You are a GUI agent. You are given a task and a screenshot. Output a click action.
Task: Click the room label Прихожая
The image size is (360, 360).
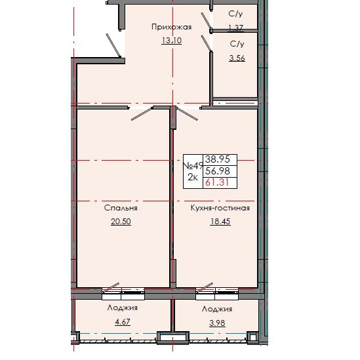pos(171,27)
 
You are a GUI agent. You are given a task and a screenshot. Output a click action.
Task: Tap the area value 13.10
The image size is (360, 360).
pos(171,40)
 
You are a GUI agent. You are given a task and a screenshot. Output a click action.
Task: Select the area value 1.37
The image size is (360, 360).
pos(235,27)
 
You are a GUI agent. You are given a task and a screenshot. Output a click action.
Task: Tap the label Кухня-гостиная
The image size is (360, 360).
pos(220,208)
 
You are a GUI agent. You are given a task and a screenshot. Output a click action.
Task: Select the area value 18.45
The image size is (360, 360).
pos(220,222)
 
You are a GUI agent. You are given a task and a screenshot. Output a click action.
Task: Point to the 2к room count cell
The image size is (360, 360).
pos(193,178)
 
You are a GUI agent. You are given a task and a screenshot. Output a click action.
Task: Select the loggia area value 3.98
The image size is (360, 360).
pos(217,321)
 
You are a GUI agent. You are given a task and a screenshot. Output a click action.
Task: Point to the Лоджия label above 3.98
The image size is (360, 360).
pos(217,308)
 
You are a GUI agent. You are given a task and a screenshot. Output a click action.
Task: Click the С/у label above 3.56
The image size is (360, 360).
pos(237,43)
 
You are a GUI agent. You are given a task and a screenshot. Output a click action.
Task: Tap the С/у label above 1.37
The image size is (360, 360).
pos(235,14)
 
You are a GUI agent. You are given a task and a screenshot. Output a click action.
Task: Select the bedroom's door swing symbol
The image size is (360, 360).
pos(142,113)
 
